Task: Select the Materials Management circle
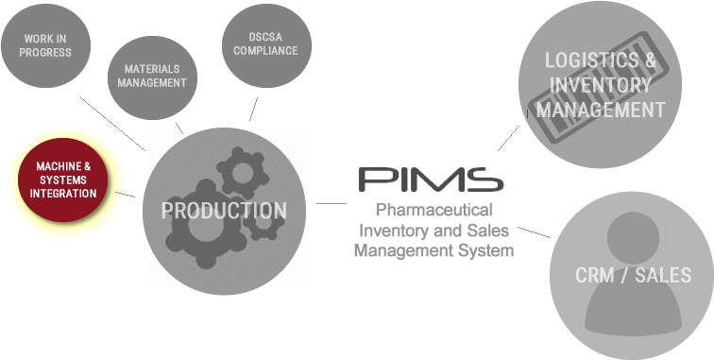pos(152,76)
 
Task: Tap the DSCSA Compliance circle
pos(260,43)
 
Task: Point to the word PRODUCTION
pos(224,211)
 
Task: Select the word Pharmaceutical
pos(433,211)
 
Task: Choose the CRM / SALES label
pos(633,276)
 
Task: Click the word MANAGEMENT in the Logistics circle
pos(601,111)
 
